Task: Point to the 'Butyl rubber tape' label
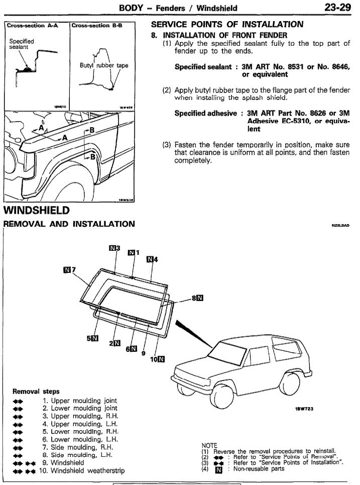pos(104,65)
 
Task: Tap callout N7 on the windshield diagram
pos(69,270)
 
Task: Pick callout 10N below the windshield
pos(157,358)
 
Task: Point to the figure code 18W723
pos(304,409)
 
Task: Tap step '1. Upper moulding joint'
pos(80,401)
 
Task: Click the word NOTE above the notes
pos(209,445)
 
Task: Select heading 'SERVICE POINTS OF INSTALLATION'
pos(227,24)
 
